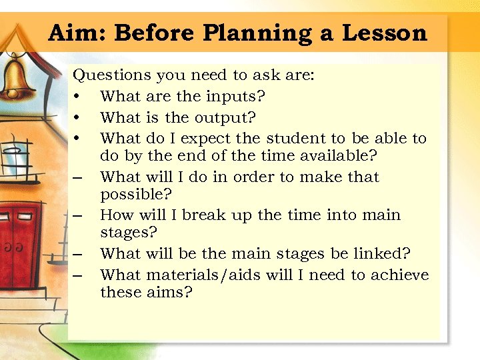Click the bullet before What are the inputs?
(x=78, y=97)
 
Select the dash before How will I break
(x=78, y=216)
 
